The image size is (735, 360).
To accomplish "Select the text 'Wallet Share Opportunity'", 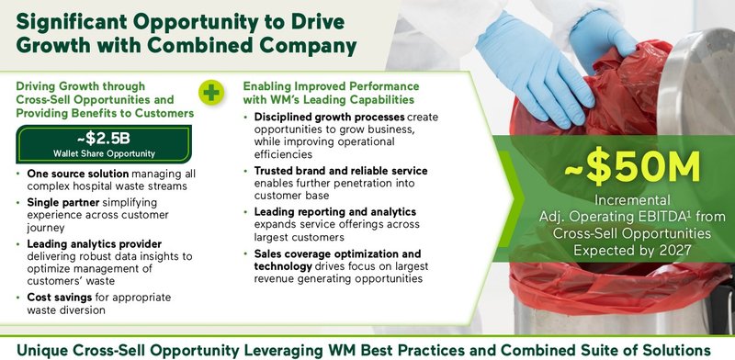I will (102, 153).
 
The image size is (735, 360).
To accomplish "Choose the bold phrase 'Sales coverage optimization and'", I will (338, 253).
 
